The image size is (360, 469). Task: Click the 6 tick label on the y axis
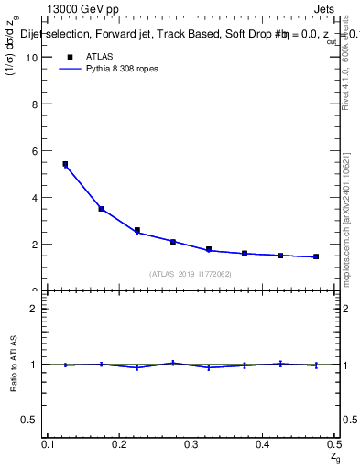click(x=36, y=151)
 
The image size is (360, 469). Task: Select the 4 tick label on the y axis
click(x=36, y=198)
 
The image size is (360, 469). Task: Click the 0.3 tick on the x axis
click(x=191, y=443)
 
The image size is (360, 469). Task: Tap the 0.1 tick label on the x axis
click(x=49, y=443)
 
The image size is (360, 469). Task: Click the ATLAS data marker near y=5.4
click(x=65, y=164)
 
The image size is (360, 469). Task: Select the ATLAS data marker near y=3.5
click(x=101, y=209)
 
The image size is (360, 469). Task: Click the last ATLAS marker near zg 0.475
click(x=316, y=256)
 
